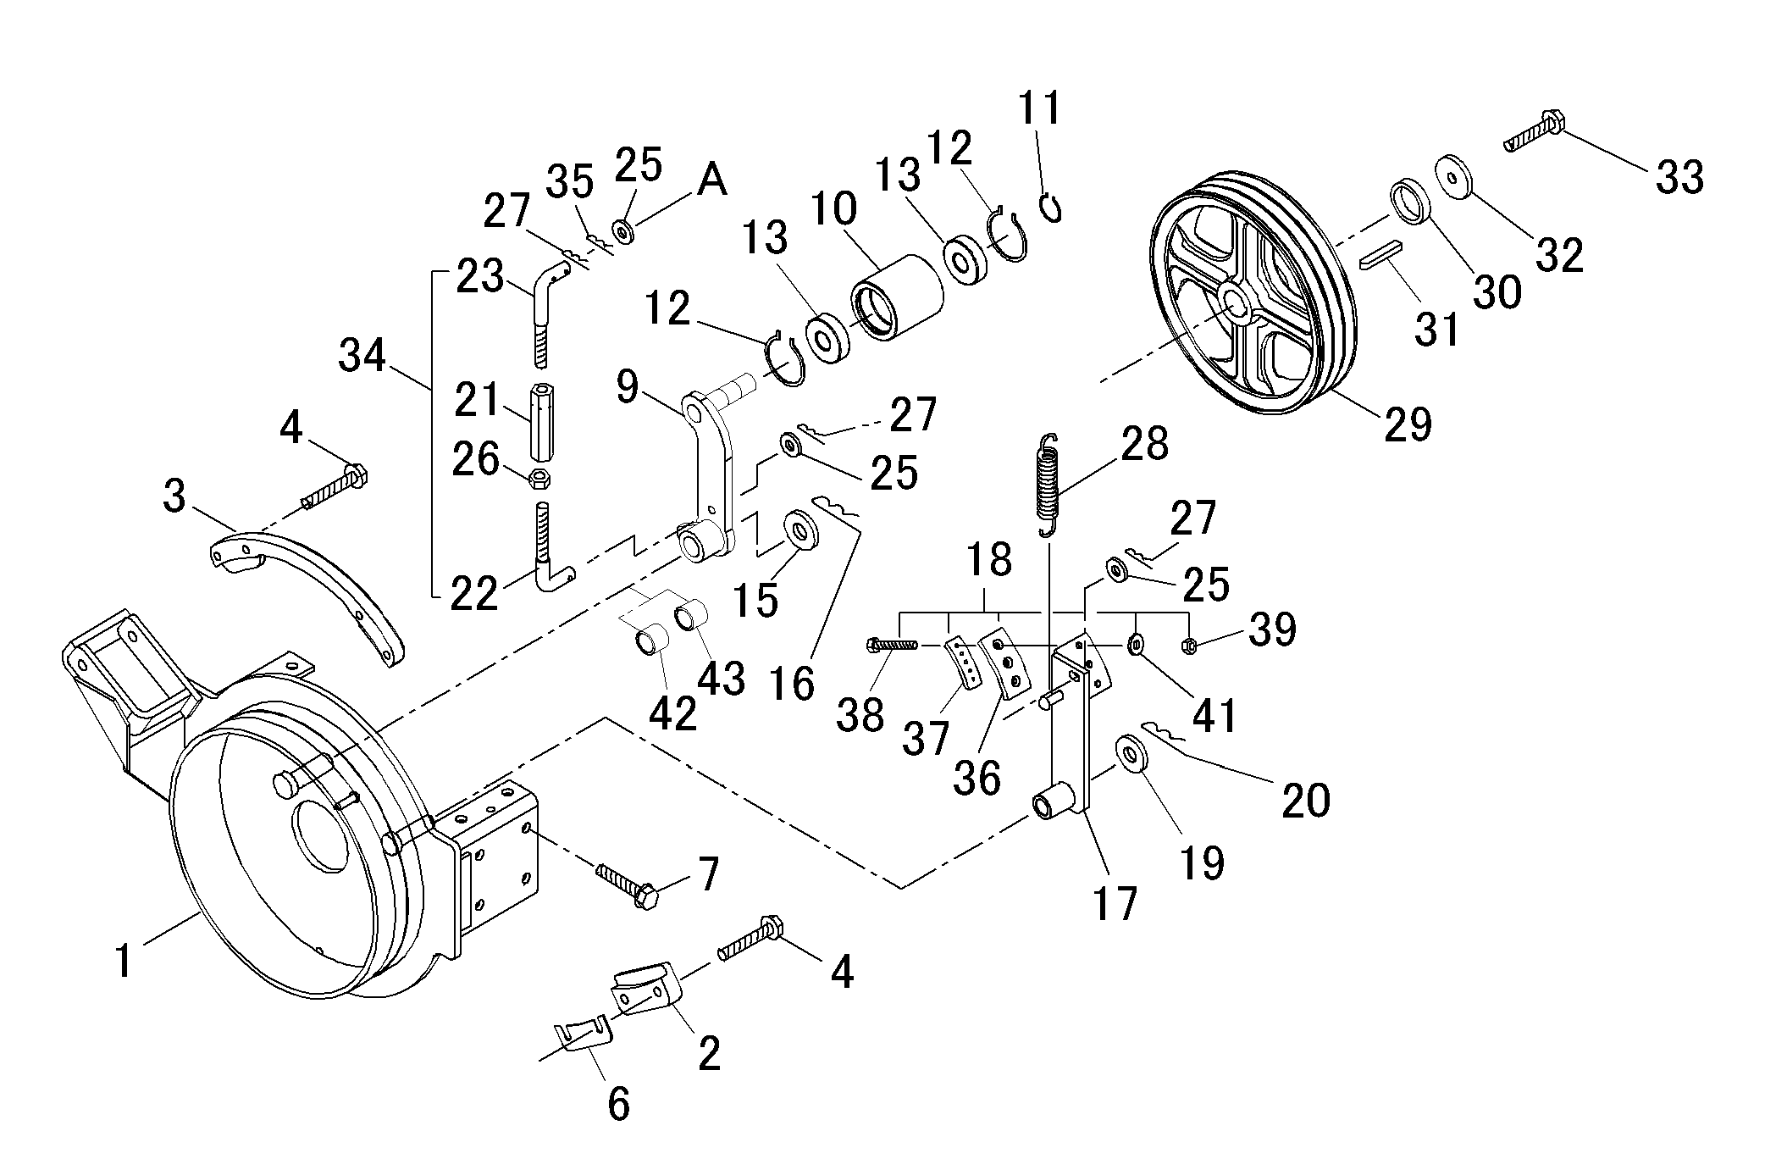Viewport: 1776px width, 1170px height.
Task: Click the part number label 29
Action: (1408, 424)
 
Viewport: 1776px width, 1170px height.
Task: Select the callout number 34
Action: (362, 356)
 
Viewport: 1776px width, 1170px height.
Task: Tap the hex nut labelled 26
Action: (538, 479)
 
